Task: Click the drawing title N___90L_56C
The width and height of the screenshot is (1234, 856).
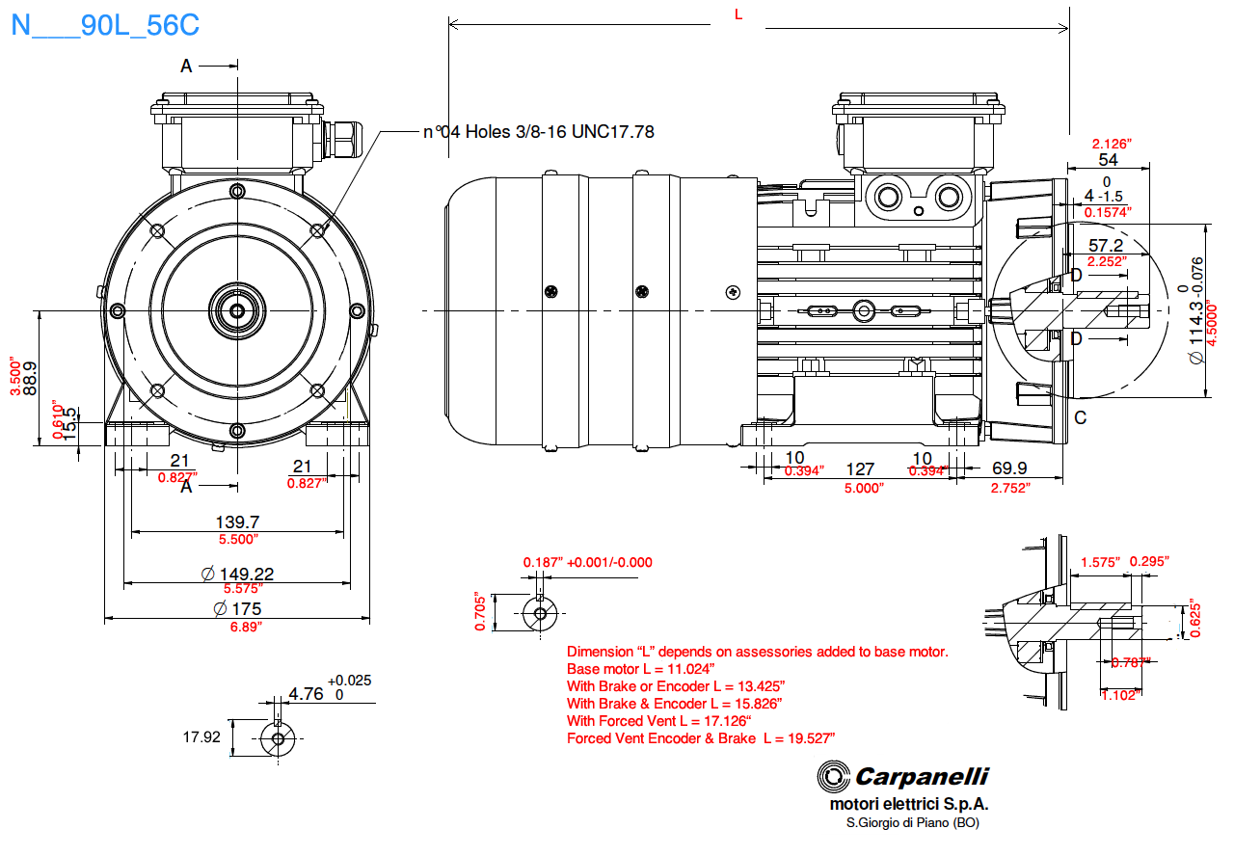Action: point(105,25)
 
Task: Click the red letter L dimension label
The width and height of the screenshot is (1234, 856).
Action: point(738,13)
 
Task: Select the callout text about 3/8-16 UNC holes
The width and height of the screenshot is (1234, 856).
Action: point(539,131)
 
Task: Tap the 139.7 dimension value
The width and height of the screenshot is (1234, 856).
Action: point(236,522)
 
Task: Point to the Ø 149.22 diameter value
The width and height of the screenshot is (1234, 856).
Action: point(237,574)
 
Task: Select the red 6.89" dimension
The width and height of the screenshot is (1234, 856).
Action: point(245,626)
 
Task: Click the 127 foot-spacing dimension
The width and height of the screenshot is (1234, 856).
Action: point(859,469)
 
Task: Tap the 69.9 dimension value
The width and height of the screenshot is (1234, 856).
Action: point(1009,468)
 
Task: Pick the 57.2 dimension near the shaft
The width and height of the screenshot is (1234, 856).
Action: point(1106,246)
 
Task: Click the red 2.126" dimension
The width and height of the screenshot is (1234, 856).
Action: point(1111,144)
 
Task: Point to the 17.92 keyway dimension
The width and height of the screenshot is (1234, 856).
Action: point(201,736)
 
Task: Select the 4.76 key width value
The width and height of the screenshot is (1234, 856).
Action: point(306,693)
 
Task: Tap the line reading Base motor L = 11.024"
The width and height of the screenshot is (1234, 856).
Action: point(641,669)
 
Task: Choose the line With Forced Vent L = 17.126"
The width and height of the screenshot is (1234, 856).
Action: point(658,721)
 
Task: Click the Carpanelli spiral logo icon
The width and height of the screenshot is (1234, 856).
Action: point(833,776)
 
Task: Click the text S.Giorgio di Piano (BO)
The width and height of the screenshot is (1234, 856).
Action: point(912,822)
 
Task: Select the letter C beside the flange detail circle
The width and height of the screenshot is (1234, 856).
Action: point(1080,417)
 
